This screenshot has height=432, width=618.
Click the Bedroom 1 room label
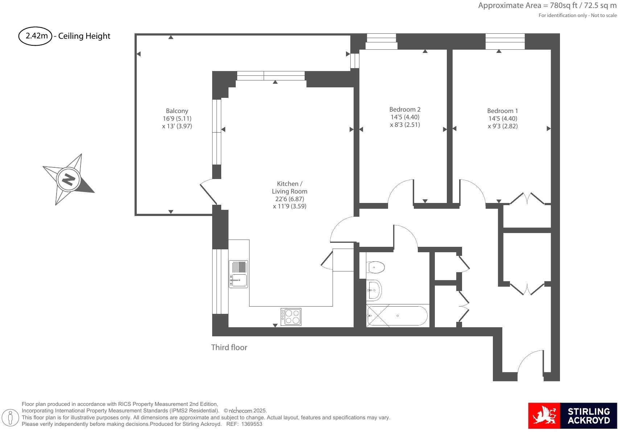pyautogui.click(x=502, y=111)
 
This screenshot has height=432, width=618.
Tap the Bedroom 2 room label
pyautogui.click(x=405, y=109)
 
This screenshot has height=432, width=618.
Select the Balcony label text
pyautogui.click(x=177, y=111)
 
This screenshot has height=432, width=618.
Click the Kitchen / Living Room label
pyautogui.click(x=289, y=187)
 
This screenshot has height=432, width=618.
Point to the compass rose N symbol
pyautogui.click(x=68, y=179)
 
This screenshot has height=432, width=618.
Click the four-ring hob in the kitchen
pyautogui.click(x=291, y=317)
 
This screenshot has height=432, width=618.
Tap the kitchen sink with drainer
pyautogui.click(x=238, y=274)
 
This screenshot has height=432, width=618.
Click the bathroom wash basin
pyautogui.click(x=374, y=290)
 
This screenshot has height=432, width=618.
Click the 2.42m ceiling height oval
pyautogui.click(x=35, y=36)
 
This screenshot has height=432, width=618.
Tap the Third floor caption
pyautogui.click(x=229, y=348)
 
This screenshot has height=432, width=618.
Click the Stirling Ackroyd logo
pyautogui.click(x=572, y=415)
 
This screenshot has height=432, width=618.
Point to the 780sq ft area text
pyautogui.click(x=547, y=5)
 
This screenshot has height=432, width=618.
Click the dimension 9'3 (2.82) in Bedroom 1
pyautogui.click(x=503, y=126)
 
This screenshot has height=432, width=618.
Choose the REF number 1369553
pyautogui.click(x=251, y=424)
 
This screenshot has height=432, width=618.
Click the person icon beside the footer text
pyautogui.click(x=11, y=418)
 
